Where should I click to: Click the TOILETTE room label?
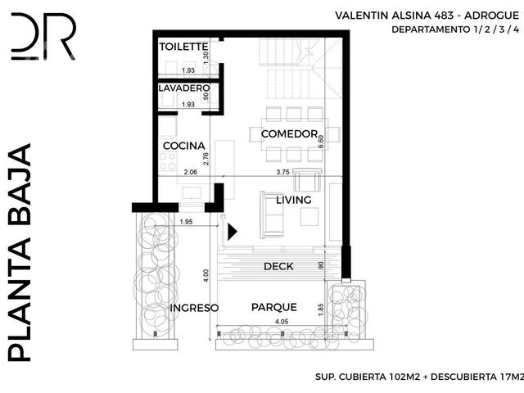183,47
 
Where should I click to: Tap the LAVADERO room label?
184,88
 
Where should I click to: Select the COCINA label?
183,146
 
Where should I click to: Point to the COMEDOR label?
289,134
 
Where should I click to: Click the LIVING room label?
294,200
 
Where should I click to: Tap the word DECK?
278,266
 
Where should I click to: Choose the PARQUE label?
274,307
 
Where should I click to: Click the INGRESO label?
194,308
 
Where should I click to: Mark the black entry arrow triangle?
233,232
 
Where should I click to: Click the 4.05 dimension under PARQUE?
282,322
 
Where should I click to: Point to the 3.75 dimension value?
282,173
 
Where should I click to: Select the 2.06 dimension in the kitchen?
191,172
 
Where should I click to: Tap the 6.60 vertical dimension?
321,142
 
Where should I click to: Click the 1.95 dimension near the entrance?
186,222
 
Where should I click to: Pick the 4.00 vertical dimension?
206,276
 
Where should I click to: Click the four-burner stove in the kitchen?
168,161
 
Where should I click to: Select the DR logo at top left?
43,36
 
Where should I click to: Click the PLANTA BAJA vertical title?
20,253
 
